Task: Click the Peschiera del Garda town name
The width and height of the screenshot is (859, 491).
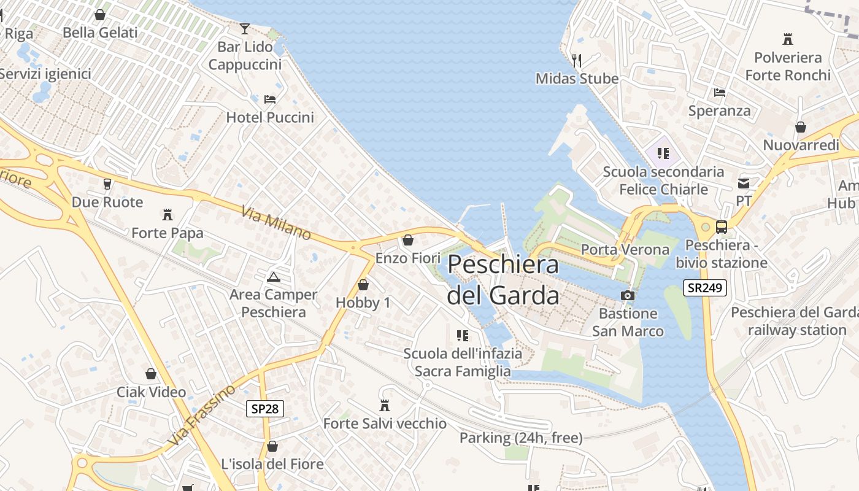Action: pyautogui.click(x=503, y=280)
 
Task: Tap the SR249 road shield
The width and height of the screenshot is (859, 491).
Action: pyautogui.click(x=705, y=287)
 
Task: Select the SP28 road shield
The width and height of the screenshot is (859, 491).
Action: pyautogui.click(x=265, y=409)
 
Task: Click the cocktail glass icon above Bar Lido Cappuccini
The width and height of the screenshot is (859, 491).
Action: pyautogui.click(x=245, y=28)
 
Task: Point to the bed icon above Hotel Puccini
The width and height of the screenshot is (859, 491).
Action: pyautogui.click(x=270, y=99)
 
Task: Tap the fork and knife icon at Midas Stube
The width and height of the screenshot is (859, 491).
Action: pyautogui.click(x=576, y=60)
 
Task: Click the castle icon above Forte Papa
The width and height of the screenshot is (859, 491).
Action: pyautogui.click(x=167, y=215)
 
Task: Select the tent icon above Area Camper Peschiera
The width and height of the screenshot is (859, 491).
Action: pyautogui.click(x=274, y=277)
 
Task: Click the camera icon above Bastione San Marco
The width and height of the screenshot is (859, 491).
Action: pyautogui.click(x=627, y=296)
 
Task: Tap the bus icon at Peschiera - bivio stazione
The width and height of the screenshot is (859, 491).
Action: pyautogui.click(x=722, y=227)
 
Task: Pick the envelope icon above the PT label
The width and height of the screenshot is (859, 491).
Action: pyautogui.click(x=744, y=184)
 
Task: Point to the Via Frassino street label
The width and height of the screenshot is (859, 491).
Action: pyautogui.click(x=201, y=416)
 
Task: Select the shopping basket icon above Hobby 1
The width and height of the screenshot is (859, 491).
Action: pyautogui.click(x=363, y=285)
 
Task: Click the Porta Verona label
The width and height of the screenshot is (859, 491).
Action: pyautogui.click(x=625, y=250)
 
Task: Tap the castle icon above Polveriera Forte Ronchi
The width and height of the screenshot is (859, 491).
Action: pyautogui.click(x=788, y=39)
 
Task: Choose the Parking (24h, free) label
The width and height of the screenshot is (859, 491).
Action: pyautogui.click(x=521, y=438)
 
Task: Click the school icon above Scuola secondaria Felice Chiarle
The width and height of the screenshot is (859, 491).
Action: pyautogui.click(x=663, y=153)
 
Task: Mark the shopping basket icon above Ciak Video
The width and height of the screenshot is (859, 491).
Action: pyautogui.click(x=151, y=374)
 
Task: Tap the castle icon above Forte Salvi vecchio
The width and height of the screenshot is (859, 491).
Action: pyautogui.click(x=385, y=406)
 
